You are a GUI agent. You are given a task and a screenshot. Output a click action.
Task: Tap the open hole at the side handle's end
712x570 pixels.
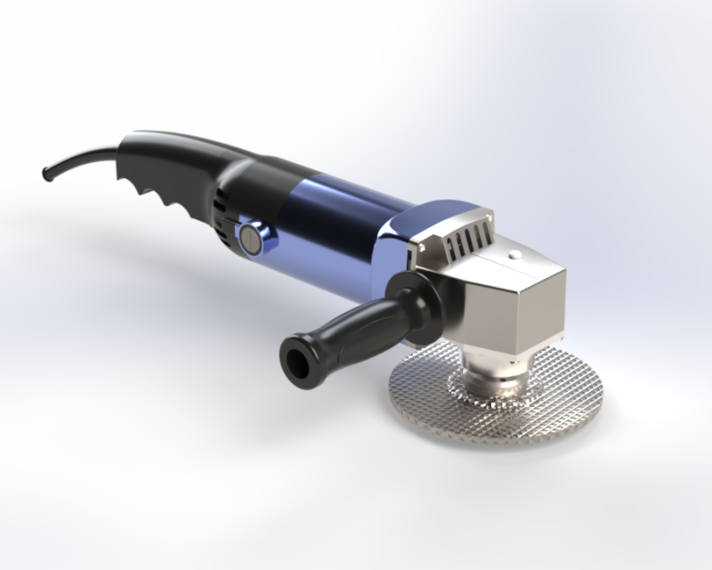pyautogui.click(x=293, y=356)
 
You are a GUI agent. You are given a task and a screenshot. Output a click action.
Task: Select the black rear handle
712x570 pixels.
pyautogui.click(x=178, y=156)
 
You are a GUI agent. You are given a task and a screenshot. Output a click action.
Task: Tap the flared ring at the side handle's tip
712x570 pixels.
pyautogui.click(x=298, y=354)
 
